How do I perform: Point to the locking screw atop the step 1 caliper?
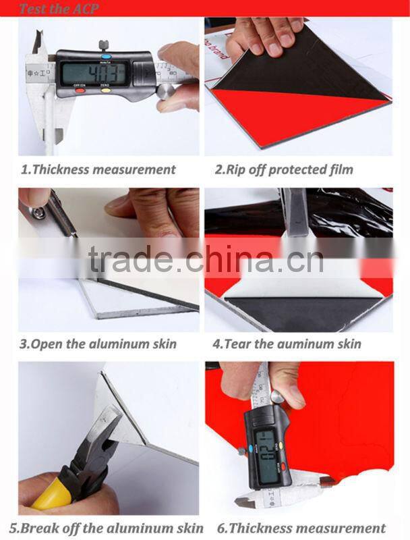pos(103,45)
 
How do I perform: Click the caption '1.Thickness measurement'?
pos(98,169)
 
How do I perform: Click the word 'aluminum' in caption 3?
pos(125,344)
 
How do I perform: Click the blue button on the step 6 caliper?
pos(252,447)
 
